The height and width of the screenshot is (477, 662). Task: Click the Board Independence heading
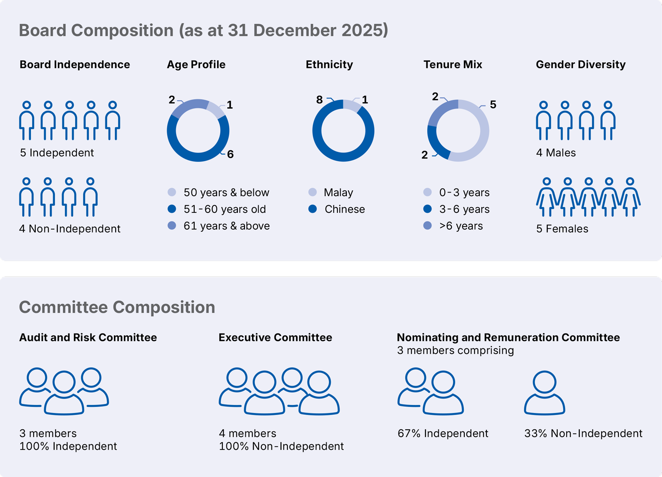click(x=75, y=64)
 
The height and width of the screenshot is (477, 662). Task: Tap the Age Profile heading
click(x=196, y=64)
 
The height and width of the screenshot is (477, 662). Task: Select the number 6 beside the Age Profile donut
click(x=230, y=154)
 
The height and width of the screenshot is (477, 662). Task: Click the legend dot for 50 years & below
click(x=172, y=192)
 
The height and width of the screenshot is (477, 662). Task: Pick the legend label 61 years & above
click(x=226, y=226)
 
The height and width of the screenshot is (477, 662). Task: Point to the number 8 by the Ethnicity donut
click(x=319, y=100)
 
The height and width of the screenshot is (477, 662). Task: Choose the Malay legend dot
click(x=312, y=192)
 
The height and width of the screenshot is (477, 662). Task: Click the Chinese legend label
click(x=345, y=209)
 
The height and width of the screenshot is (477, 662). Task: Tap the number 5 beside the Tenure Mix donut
click(x=493, y=105)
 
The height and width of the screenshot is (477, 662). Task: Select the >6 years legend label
click(x=461, y=226)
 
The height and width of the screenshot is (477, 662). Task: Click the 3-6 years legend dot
click(x=427, y=209)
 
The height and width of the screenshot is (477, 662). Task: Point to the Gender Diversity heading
click(x=580, y=64)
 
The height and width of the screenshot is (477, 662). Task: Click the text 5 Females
click(x=562, y=229)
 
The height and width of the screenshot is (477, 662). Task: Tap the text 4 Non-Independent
click(x=70, y=229)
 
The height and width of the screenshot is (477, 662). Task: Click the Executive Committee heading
click(x=275, y=337)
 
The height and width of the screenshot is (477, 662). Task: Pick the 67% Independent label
click(x=443, y=433)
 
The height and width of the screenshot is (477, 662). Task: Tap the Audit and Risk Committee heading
click(x=88, y=337)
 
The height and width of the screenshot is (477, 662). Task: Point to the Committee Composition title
click(x=117, y=307)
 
